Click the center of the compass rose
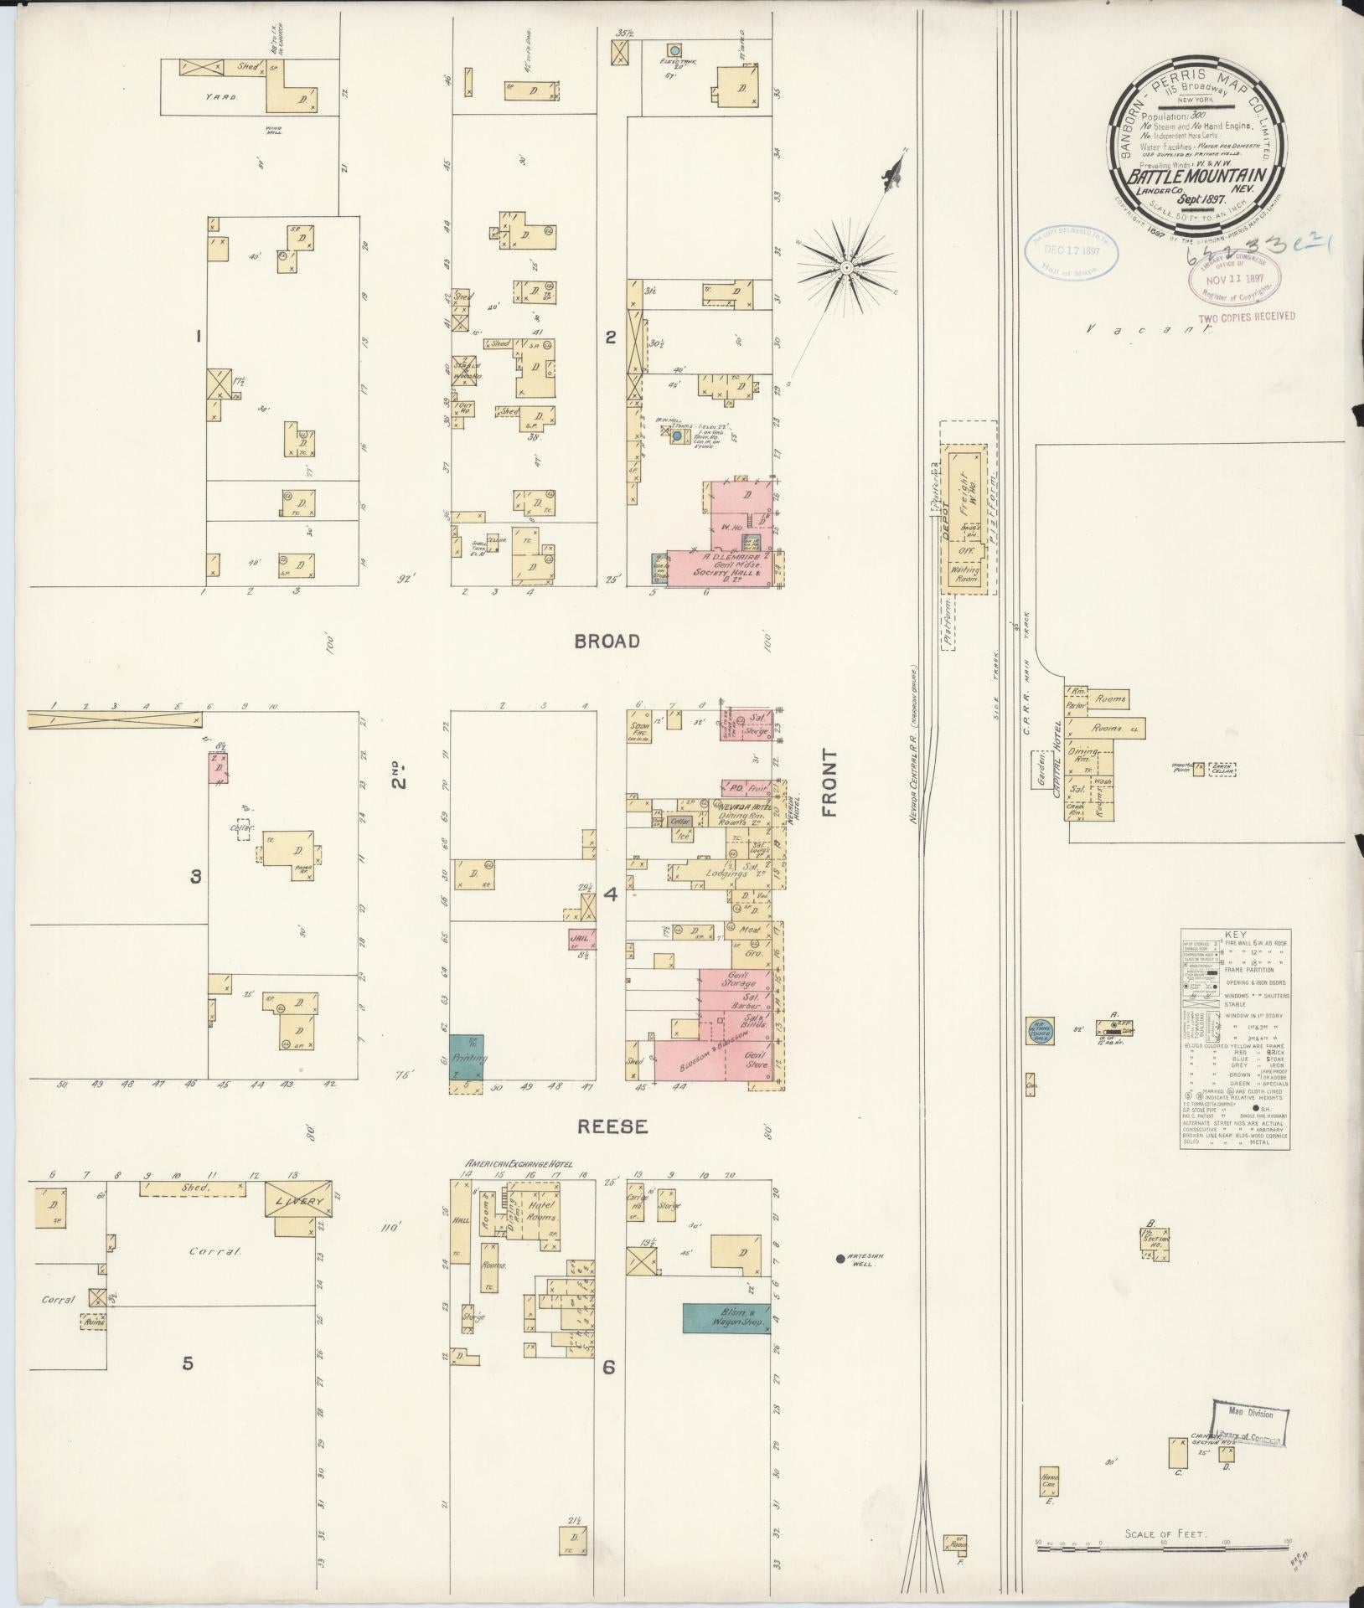pos(846,267)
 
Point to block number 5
pos(189,1363)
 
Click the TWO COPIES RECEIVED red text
pos(1247,317)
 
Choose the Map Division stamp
pos(1250,1414)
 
